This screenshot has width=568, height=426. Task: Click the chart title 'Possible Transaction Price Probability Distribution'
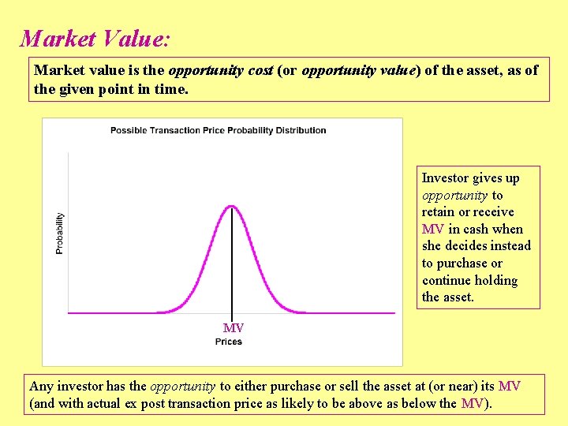point(218,130)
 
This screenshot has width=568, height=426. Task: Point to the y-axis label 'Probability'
point(60,234)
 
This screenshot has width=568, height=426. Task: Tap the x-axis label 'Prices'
point(228,342)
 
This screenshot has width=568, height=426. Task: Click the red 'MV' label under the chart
point(233,327)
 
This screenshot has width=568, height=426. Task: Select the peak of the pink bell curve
point(231,207)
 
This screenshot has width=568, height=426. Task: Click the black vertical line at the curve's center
point(231,260)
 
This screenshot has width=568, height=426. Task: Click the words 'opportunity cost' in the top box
point(221,70)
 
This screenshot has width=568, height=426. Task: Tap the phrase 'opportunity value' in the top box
point(359,70)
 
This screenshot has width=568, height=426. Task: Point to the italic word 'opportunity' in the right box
point(454,196)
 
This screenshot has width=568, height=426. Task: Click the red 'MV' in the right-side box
point(433,230)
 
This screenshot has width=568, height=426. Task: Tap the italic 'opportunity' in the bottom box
point(182,387)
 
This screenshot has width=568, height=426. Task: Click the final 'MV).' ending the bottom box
point(476,404)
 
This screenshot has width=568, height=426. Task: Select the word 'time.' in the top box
point(171,88)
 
